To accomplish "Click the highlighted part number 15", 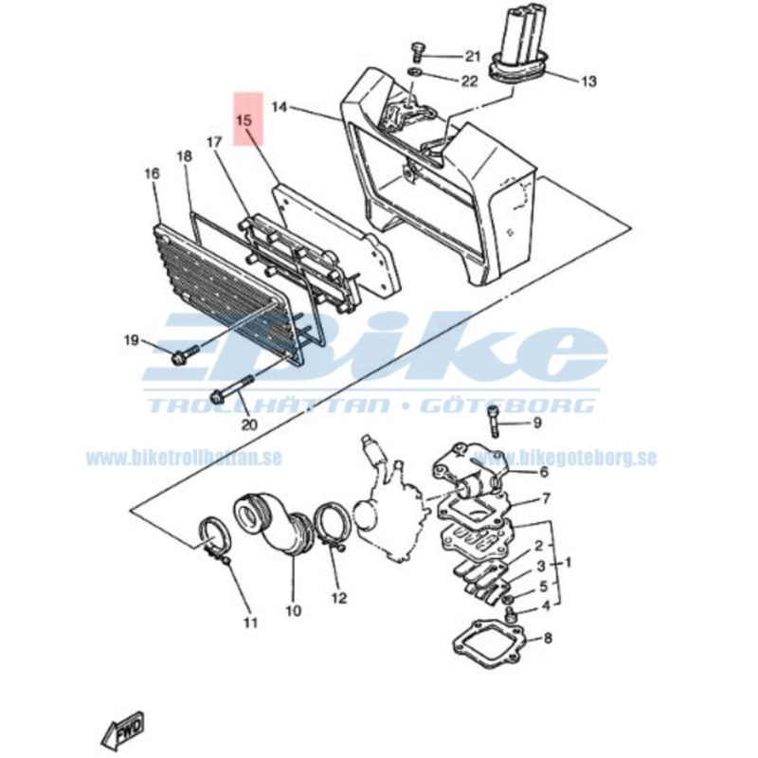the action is point(244,120).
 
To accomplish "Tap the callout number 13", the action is point(588,81).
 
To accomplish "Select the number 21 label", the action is point(472,57).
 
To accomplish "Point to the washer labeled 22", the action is point(414,73).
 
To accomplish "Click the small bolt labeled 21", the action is point(416,52).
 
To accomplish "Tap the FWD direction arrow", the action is point(123,729).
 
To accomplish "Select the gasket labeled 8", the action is point(488,643).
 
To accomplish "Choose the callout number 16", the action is point(152,173).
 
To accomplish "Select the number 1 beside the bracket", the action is point(568,562).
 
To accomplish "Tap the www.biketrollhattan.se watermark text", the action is point(184,458).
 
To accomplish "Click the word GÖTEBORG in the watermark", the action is point(508,406).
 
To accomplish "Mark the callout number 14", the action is point(280,107).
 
